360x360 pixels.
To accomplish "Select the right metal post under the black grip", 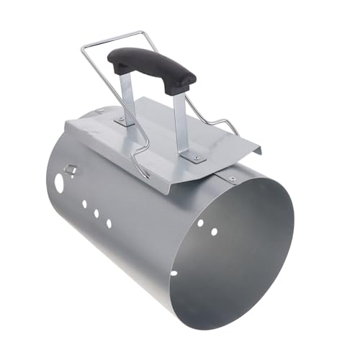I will (x=181, y=122).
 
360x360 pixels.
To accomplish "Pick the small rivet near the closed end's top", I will (x=100, y=110).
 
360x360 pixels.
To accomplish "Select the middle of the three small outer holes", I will (x=96, y=214).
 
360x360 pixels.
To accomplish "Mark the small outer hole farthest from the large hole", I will (x=109, y=223).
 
